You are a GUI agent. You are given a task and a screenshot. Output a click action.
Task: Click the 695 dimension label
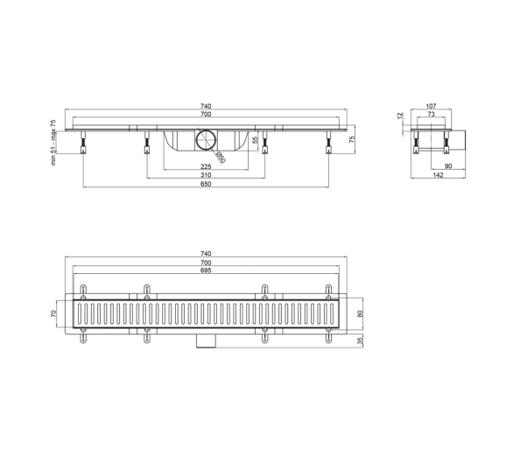point(206,271)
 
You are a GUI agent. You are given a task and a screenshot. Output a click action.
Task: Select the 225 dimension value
point(206,166)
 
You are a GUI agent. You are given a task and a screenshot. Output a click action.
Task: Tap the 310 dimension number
point(206,175)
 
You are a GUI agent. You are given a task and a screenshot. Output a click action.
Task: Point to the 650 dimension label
point(206,184)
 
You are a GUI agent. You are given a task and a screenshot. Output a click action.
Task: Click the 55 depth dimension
point(256,140)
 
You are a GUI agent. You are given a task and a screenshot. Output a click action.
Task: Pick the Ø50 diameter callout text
point(221,158)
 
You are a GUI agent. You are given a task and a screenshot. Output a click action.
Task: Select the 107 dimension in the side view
point(432,106)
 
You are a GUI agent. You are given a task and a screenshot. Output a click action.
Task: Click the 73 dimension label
point(432,114)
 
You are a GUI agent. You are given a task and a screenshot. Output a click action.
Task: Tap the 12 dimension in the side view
point(400,116)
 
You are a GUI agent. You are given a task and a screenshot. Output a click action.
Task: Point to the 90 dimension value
point(448,166)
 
